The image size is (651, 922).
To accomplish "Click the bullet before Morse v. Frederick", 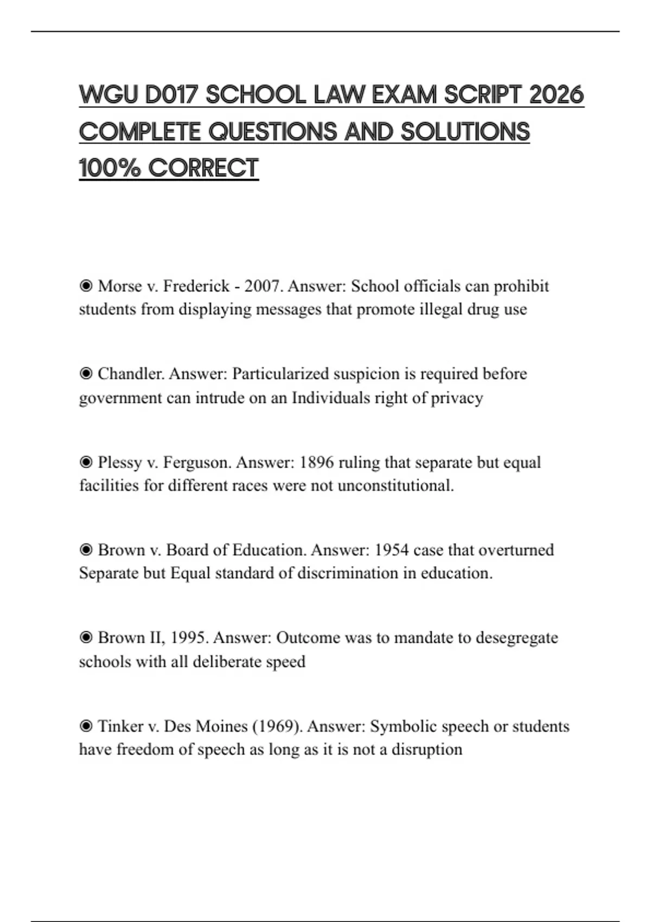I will click(86, 286).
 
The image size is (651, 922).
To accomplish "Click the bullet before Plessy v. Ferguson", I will click(86, 462).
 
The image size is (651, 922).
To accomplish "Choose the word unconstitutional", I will click(395, 485).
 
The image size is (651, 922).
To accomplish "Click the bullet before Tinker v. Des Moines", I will click(86, 726).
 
